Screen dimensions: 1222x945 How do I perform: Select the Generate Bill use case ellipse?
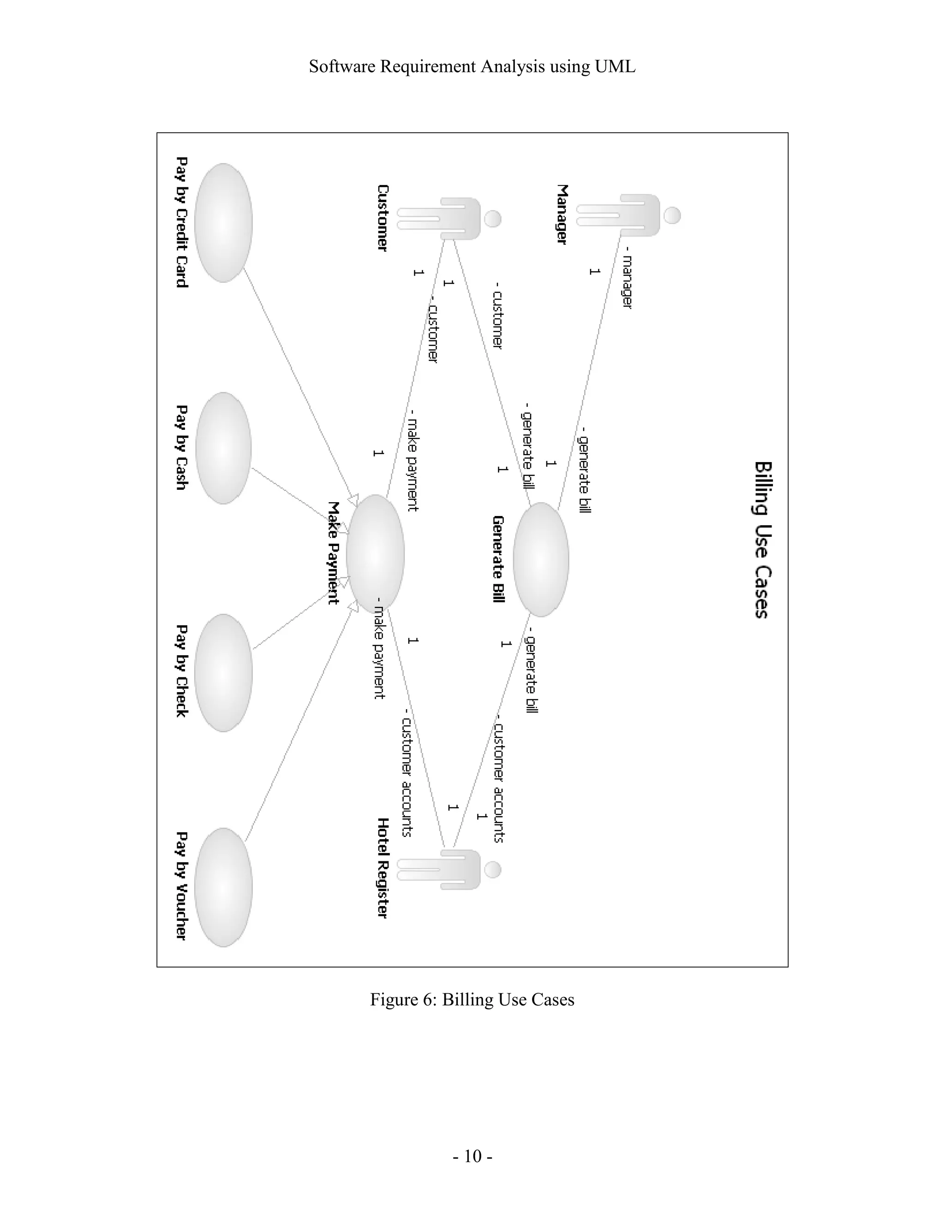pyautogui.click(x=541, y=559)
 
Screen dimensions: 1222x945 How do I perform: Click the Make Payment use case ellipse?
pyautogui.click(x=375, y=553)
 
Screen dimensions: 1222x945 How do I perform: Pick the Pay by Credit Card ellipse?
pyautogui.click(x=223, y=223)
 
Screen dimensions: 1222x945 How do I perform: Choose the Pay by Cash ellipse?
pyautogui.click(x=223, y=448)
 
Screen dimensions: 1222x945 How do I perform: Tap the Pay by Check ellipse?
pyautogui.click(x=223, y=672)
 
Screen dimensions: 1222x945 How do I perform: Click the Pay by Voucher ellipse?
pyautogui.click(x=223, y=887)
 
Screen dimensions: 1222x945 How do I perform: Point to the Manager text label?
pyautogui.click(x=562, y=214)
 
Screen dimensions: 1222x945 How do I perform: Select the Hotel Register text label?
pyautogui.click(x=383, y=868)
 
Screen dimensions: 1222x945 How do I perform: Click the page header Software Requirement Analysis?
pyautogui.click(x=472, y=66)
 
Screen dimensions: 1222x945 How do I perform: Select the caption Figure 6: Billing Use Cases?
pyautogui.click(x=472, y=999)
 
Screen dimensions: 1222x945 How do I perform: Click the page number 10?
pyautogui.click(x=472, y=1156)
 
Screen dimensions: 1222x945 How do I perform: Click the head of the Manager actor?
pyautogui.click(x=672, y=215)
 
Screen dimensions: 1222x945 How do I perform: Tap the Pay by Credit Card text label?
pyautogui.click(x=181, y=222)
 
